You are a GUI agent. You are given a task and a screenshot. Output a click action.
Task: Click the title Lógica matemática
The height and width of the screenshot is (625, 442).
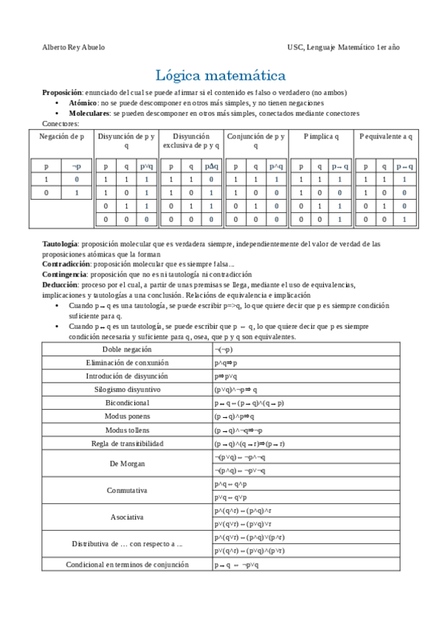[221, 75]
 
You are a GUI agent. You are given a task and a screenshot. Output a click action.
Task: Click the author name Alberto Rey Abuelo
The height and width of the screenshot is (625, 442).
[75, 47]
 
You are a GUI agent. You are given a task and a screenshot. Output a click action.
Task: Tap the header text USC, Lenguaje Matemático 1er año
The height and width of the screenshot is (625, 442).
[344, 47]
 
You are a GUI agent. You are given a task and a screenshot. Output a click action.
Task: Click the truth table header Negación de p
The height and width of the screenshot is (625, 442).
[61, 136]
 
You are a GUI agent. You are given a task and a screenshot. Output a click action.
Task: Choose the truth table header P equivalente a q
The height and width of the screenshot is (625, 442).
[385, 136]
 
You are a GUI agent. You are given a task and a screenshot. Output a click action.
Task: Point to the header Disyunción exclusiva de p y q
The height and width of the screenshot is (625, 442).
[191, 141]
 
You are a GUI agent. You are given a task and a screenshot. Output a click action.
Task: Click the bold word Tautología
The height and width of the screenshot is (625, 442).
[60, 243]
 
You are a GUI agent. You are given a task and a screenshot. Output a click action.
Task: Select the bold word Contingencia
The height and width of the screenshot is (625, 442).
[63, 272]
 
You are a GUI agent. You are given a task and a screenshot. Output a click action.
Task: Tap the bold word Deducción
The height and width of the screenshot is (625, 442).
[59, 284]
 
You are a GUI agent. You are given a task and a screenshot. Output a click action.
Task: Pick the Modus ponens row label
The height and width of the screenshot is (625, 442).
[127, 416]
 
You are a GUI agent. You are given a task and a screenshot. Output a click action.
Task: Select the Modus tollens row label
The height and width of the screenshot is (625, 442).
[127, 430]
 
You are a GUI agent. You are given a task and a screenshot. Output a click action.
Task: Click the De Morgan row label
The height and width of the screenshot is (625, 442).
[127, 464]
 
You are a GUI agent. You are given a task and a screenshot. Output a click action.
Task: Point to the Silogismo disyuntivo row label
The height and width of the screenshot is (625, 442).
[127, 389]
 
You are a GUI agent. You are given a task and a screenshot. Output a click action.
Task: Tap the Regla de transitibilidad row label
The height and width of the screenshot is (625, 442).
[127, 444]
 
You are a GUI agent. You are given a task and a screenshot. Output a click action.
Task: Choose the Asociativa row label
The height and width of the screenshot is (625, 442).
[127, 517]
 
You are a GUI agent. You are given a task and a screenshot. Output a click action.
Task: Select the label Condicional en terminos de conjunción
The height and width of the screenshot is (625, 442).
[127, 565]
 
